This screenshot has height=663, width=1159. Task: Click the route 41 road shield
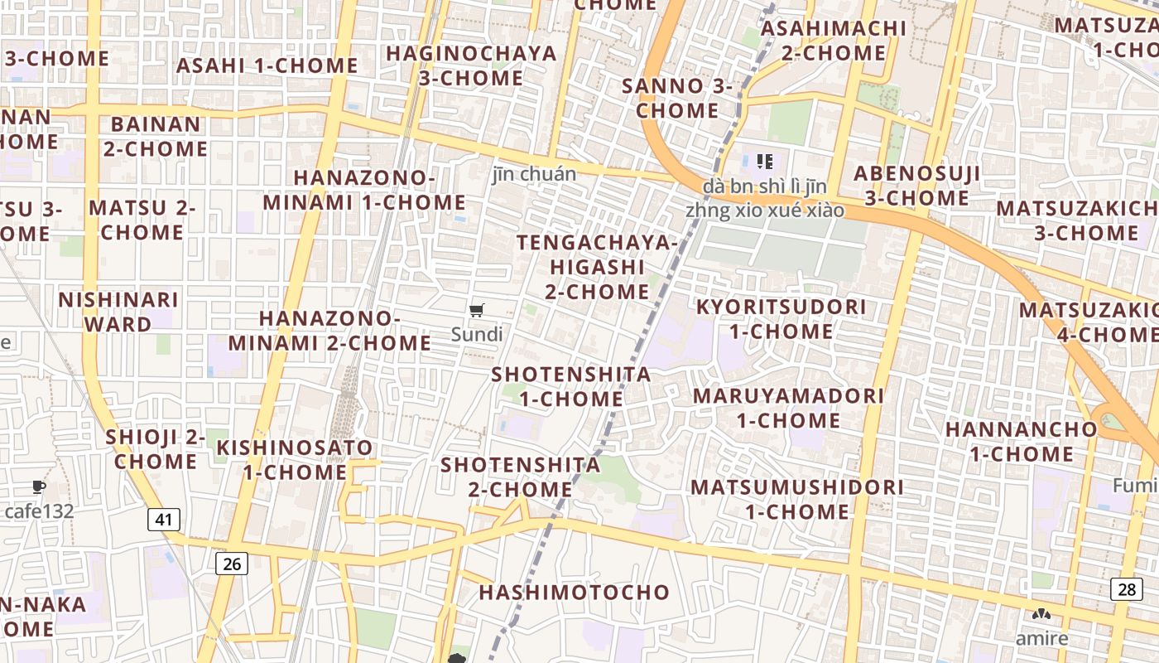164,520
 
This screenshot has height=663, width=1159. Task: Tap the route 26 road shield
232,564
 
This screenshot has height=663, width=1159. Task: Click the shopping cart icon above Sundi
476,311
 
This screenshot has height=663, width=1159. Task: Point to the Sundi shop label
477,335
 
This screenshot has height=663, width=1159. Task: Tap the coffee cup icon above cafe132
38,486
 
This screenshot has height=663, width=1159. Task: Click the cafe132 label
39,511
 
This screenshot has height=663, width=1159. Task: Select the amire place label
1041,638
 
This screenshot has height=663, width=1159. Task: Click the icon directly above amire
1041,615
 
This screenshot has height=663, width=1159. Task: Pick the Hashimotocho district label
574,592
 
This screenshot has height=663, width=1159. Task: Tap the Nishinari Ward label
118,312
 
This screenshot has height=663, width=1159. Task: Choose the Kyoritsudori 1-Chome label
781,319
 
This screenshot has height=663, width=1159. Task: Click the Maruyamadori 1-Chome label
788,408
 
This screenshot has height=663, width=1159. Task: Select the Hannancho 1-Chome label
1021,442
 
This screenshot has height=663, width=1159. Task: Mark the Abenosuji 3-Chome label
916,186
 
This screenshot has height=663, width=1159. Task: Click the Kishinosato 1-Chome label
295,460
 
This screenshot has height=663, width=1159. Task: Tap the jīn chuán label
534,174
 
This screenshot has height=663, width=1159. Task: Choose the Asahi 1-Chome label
267,65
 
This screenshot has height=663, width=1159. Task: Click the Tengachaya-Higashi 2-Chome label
597,267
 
